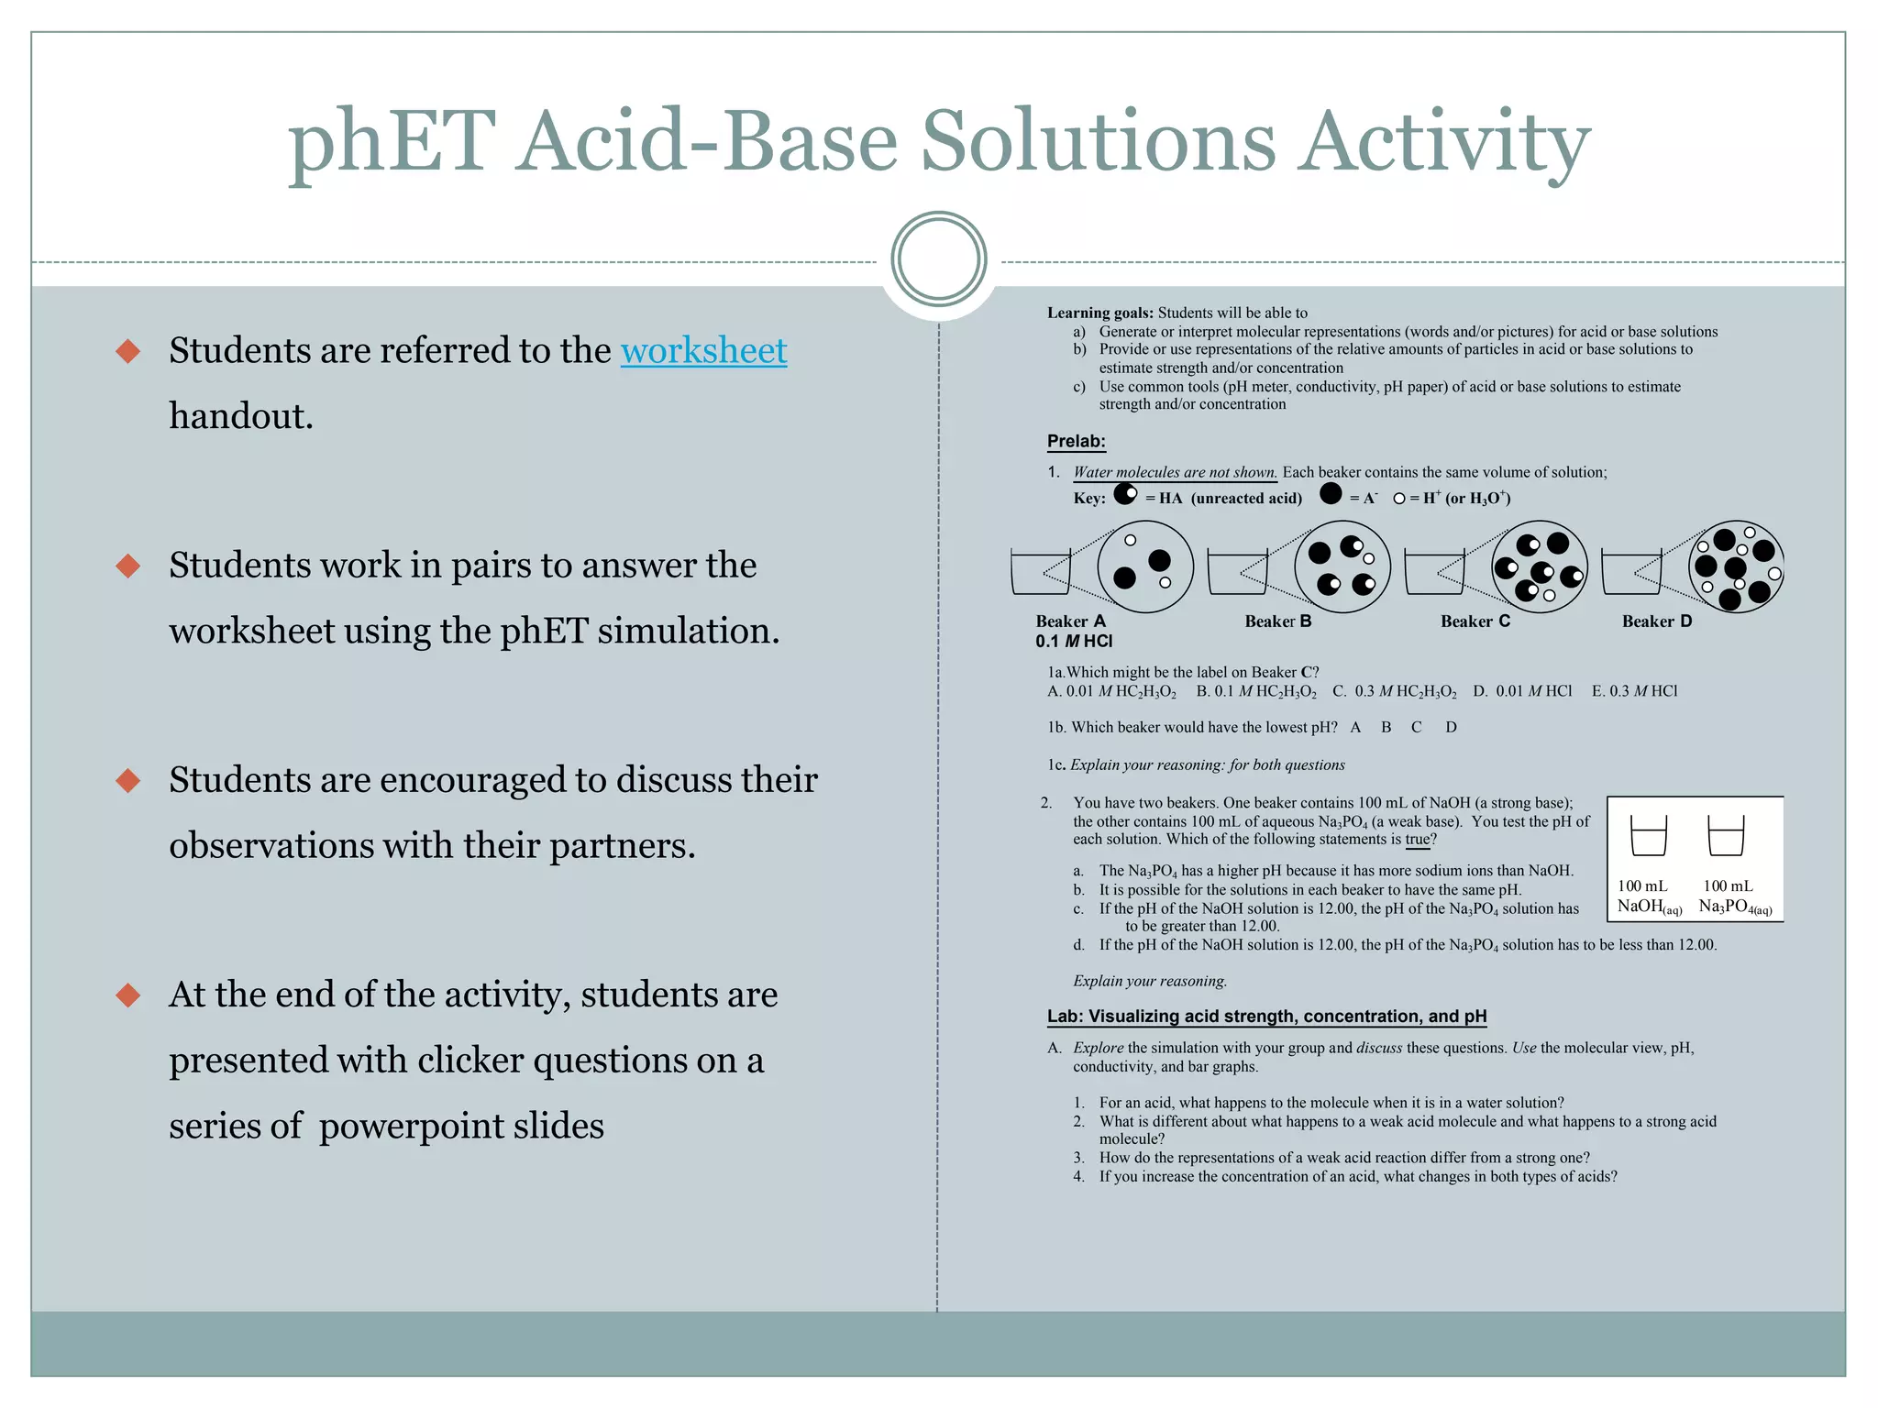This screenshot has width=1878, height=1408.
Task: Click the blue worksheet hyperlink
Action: (703, 351)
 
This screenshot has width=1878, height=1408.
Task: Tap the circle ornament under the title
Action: (938, 259)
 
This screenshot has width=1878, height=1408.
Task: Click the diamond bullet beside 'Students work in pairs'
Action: (128, 566)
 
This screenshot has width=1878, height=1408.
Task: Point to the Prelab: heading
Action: (1076, 441)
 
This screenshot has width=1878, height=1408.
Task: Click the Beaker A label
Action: (1070, 621)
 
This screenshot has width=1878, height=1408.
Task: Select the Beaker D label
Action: (1656, 621)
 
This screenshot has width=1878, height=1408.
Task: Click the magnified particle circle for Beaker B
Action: (1342, 566)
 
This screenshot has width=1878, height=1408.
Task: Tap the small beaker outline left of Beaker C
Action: (1434, 572)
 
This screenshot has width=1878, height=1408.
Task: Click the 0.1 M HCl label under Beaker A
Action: (1074, 641)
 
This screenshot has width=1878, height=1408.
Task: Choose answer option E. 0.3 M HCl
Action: (1634, 691)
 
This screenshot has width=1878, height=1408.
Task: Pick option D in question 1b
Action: (1451, 727)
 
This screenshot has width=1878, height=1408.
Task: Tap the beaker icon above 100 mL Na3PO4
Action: (1726, 836)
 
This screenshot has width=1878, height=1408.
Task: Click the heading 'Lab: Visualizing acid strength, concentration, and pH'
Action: (1266, 1016)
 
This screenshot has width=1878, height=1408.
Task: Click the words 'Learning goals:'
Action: (1099, 313)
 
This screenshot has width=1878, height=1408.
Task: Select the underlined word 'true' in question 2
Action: (1417, 839)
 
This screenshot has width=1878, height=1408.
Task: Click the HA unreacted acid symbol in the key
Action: (1125, 495)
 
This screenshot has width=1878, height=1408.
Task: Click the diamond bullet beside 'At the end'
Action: (128, 995)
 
